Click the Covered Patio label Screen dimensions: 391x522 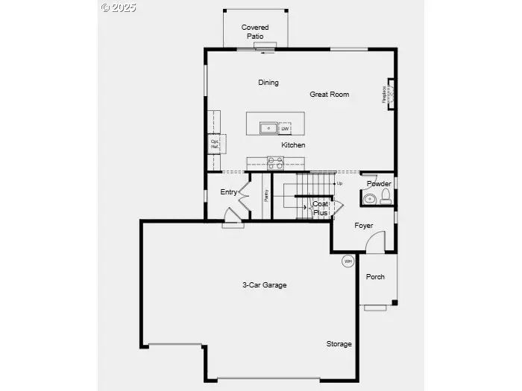click(255, 31)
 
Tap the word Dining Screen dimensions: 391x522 click(268, 83)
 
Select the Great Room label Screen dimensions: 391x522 click(329, 95)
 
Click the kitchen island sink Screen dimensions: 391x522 click(268, 129)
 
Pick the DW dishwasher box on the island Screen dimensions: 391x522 click(285, 129)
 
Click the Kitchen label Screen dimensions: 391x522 click(292, 145)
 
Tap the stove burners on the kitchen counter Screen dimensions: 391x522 click(275, 162)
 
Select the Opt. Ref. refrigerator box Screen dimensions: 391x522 click(216, 143)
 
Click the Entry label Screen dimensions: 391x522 click(228, 192)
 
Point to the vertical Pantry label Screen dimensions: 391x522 click(265, 195)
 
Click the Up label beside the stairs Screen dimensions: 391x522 click(339, 183)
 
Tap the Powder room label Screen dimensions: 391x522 click(379, 184)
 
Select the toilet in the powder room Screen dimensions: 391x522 click(386, 197)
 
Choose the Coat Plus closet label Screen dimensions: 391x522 click(321, 208)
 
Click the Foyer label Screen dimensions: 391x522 click(363, 226)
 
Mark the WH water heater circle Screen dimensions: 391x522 click(348, 261)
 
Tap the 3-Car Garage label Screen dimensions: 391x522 click(264, 285)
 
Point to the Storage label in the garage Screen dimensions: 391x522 click(339, 344)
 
